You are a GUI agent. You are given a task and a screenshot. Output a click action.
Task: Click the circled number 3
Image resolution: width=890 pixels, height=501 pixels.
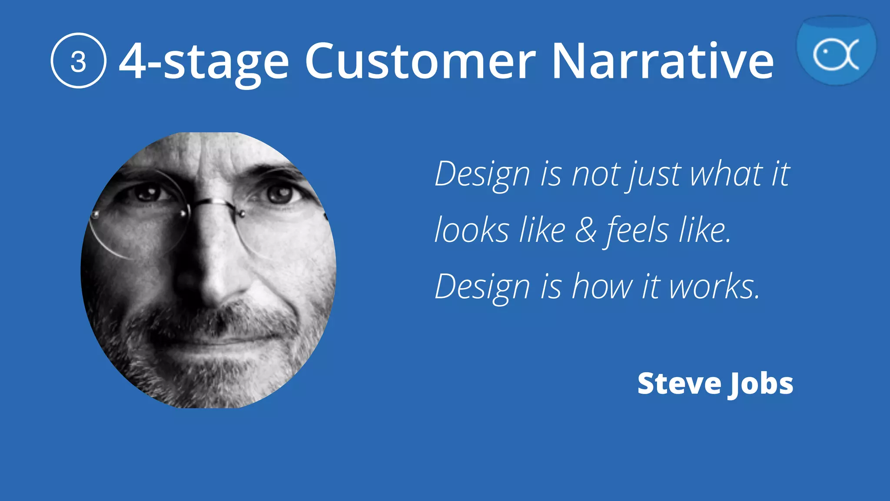pyautogui.click(x=78, y=61)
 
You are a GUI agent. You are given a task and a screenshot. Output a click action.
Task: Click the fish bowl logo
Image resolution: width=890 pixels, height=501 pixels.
pyautogui.click(x=836, y=50)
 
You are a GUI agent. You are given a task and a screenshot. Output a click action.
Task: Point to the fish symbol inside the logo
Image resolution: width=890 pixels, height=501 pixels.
pyautogui.click(x=835, y=55)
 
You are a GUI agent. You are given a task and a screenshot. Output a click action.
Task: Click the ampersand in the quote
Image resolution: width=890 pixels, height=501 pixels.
pyautogui.click(x=586, y=230)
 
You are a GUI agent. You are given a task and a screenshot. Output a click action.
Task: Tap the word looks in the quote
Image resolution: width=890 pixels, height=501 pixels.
pyautogui.click(x=472, y=230)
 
